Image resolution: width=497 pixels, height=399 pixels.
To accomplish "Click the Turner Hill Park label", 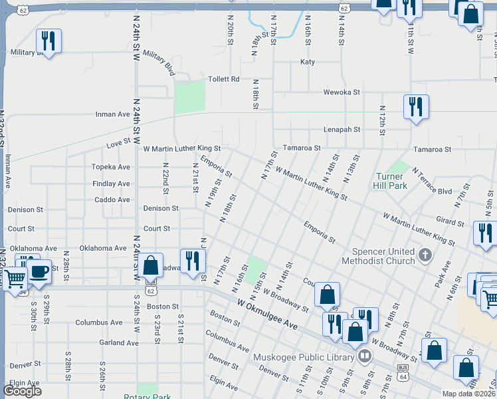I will (391, 181).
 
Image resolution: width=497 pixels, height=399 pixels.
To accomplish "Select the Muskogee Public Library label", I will (304, 357).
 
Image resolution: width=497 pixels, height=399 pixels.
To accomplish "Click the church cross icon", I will (426, 254).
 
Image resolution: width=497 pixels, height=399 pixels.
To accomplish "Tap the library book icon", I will (364, 357).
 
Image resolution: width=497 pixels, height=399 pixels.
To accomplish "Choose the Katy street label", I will (308, 62).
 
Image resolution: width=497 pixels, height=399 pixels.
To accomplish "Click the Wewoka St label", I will (341, 92).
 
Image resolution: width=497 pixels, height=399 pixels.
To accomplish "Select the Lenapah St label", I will (342, 130).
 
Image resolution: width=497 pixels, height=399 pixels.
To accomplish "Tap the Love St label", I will (119, 143).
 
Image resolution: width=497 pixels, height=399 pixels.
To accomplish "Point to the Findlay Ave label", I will (112, 184).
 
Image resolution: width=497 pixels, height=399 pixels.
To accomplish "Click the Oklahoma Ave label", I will (103, 248).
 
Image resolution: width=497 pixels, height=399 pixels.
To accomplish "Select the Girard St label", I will (450, 221).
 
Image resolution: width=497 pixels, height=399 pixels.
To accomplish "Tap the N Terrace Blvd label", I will (432, 181).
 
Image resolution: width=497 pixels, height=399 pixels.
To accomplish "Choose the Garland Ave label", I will (116, 342).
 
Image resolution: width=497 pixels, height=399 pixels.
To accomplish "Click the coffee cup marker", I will (39, 271).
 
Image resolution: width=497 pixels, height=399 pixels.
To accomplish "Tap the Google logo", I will (22, 390).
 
